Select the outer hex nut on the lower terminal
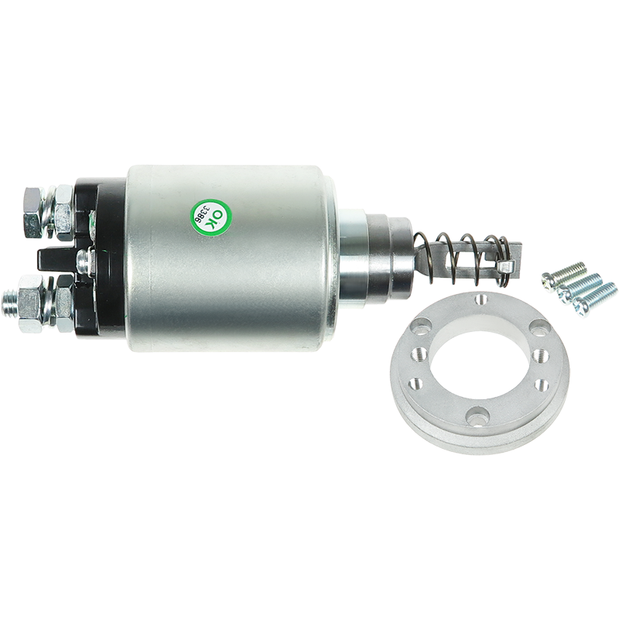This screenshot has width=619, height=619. [30, 303]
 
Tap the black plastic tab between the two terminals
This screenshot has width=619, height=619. [55, 259]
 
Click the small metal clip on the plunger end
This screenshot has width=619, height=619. [505, 267]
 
